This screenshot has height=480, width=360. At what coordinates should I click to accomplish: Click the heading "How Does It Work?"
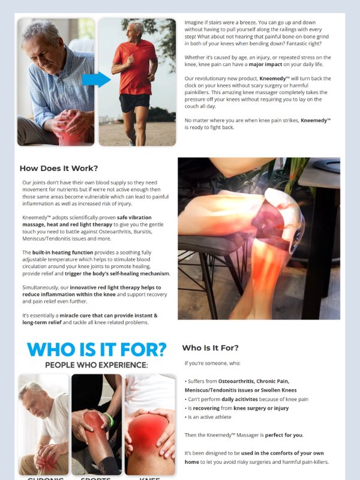point(59,168)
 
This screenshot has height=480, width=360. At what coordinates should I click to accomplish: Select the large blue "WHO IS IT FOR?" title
point(97,349)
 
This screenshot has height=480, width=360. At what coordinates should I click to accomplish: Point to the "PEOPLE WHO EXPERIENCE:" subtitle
point(96,365)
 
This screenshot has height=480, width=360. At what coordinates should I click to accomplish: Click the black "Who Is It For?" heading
point(210,347)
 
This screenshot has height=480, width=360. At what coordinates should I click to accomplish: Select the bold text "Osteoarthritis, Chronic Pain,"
point(253,381)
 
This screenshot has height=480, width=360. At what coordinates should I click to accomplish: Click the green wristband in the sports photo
point(108,418)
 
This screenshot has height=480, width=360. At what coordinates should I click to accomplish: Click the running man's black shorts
point(134,102)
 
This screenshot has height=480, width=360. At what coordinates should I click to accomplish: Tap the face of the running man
point(137,29)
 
